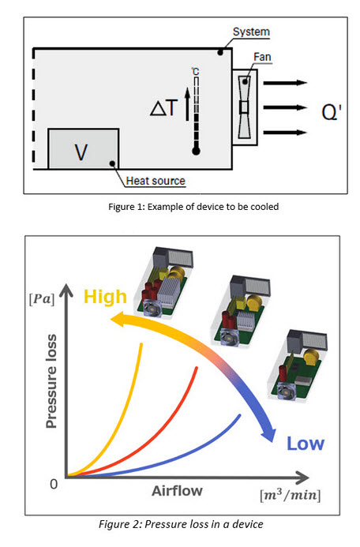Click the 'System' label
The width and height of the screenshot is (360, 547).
(x=251, y=32)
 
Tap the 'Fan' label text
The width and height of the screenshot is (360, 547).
(x=262, y=57)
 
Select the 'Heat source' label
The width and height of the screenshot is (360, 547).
(x=156, y=181)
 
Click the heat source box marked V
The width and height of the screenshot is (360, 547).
(x=84, y=149)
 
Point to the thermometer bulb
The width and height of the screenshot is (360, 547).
(x=196, y=152)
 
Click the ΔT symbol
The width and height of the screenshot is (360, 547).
(x=164, y=107)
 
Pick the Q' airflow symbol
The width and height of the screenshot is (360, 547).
(x=332, y=112)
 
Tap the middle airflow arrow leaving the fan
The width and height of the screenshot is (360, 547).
(x=285, y=107)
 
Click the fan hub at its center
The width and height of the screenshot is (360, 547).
(x=244, y=107)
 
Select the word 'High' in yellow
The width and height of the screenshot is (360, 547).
(x=105, y=298)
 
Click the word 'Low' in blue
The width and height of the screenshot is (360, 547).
(x=306, y=444)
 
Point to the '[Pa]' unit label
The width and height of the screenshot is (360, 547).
(x=42, y=299)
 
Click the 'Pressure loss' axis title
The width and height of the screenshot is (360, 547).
(x=51, y=381)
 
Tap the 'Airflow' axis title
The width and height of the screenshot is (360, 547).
(x=177, y=491)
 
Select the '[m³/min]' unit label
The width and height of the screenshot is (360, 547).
(x=291, y=495)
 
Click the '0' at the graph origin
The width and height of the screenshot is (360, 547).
(x=54, y=484)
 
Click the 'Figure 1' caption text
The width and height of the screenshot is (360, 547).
(x=193, y=207)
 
